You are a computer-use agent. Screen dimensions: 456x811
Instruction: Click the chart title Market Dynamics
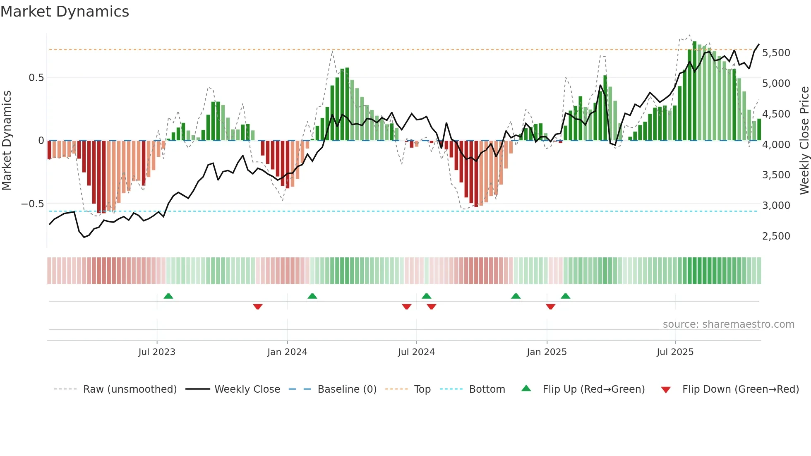point(65,12)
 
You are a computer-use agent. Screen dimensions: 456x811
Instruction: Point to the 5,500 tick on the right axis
point(776,53)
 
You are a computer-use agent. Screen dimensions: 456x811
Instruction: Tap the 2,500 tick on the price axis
point(776,236)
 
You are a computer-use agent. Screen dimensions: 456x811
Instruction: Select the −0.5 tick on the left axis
point(32,204)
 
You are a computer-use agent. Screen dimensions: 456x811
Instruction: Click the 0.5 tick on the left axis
point(36,78)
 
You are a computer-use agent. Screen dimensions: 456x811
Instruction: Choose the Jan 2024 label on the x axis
point(287,352)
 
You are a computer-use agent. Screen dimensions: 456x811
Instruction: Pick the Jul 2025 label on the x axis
point(675,352)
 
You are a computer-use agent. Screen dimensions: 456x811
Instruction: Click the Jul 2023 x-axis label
point(157,352)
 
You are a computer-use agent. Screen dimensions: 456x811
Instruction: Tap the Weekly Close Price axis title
point(804,141)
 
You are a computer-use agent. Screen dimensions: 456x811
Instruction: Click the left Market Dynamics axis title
point(7,141)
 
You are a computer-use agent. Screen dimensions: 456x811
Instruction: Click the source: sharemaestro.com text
point(728,324)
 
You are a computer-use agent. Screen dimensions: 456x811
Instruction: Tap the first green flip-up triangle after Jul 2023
point(168,296)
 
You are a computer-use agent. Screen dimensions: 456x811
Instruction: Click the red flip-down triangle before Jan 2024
point(258,307)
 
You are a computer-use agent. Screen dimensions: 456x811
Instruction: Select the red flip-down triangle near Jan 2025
point(550,307)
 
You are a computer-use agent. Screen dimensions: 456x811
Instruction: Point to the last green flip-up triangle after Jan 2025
point(565,296)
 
